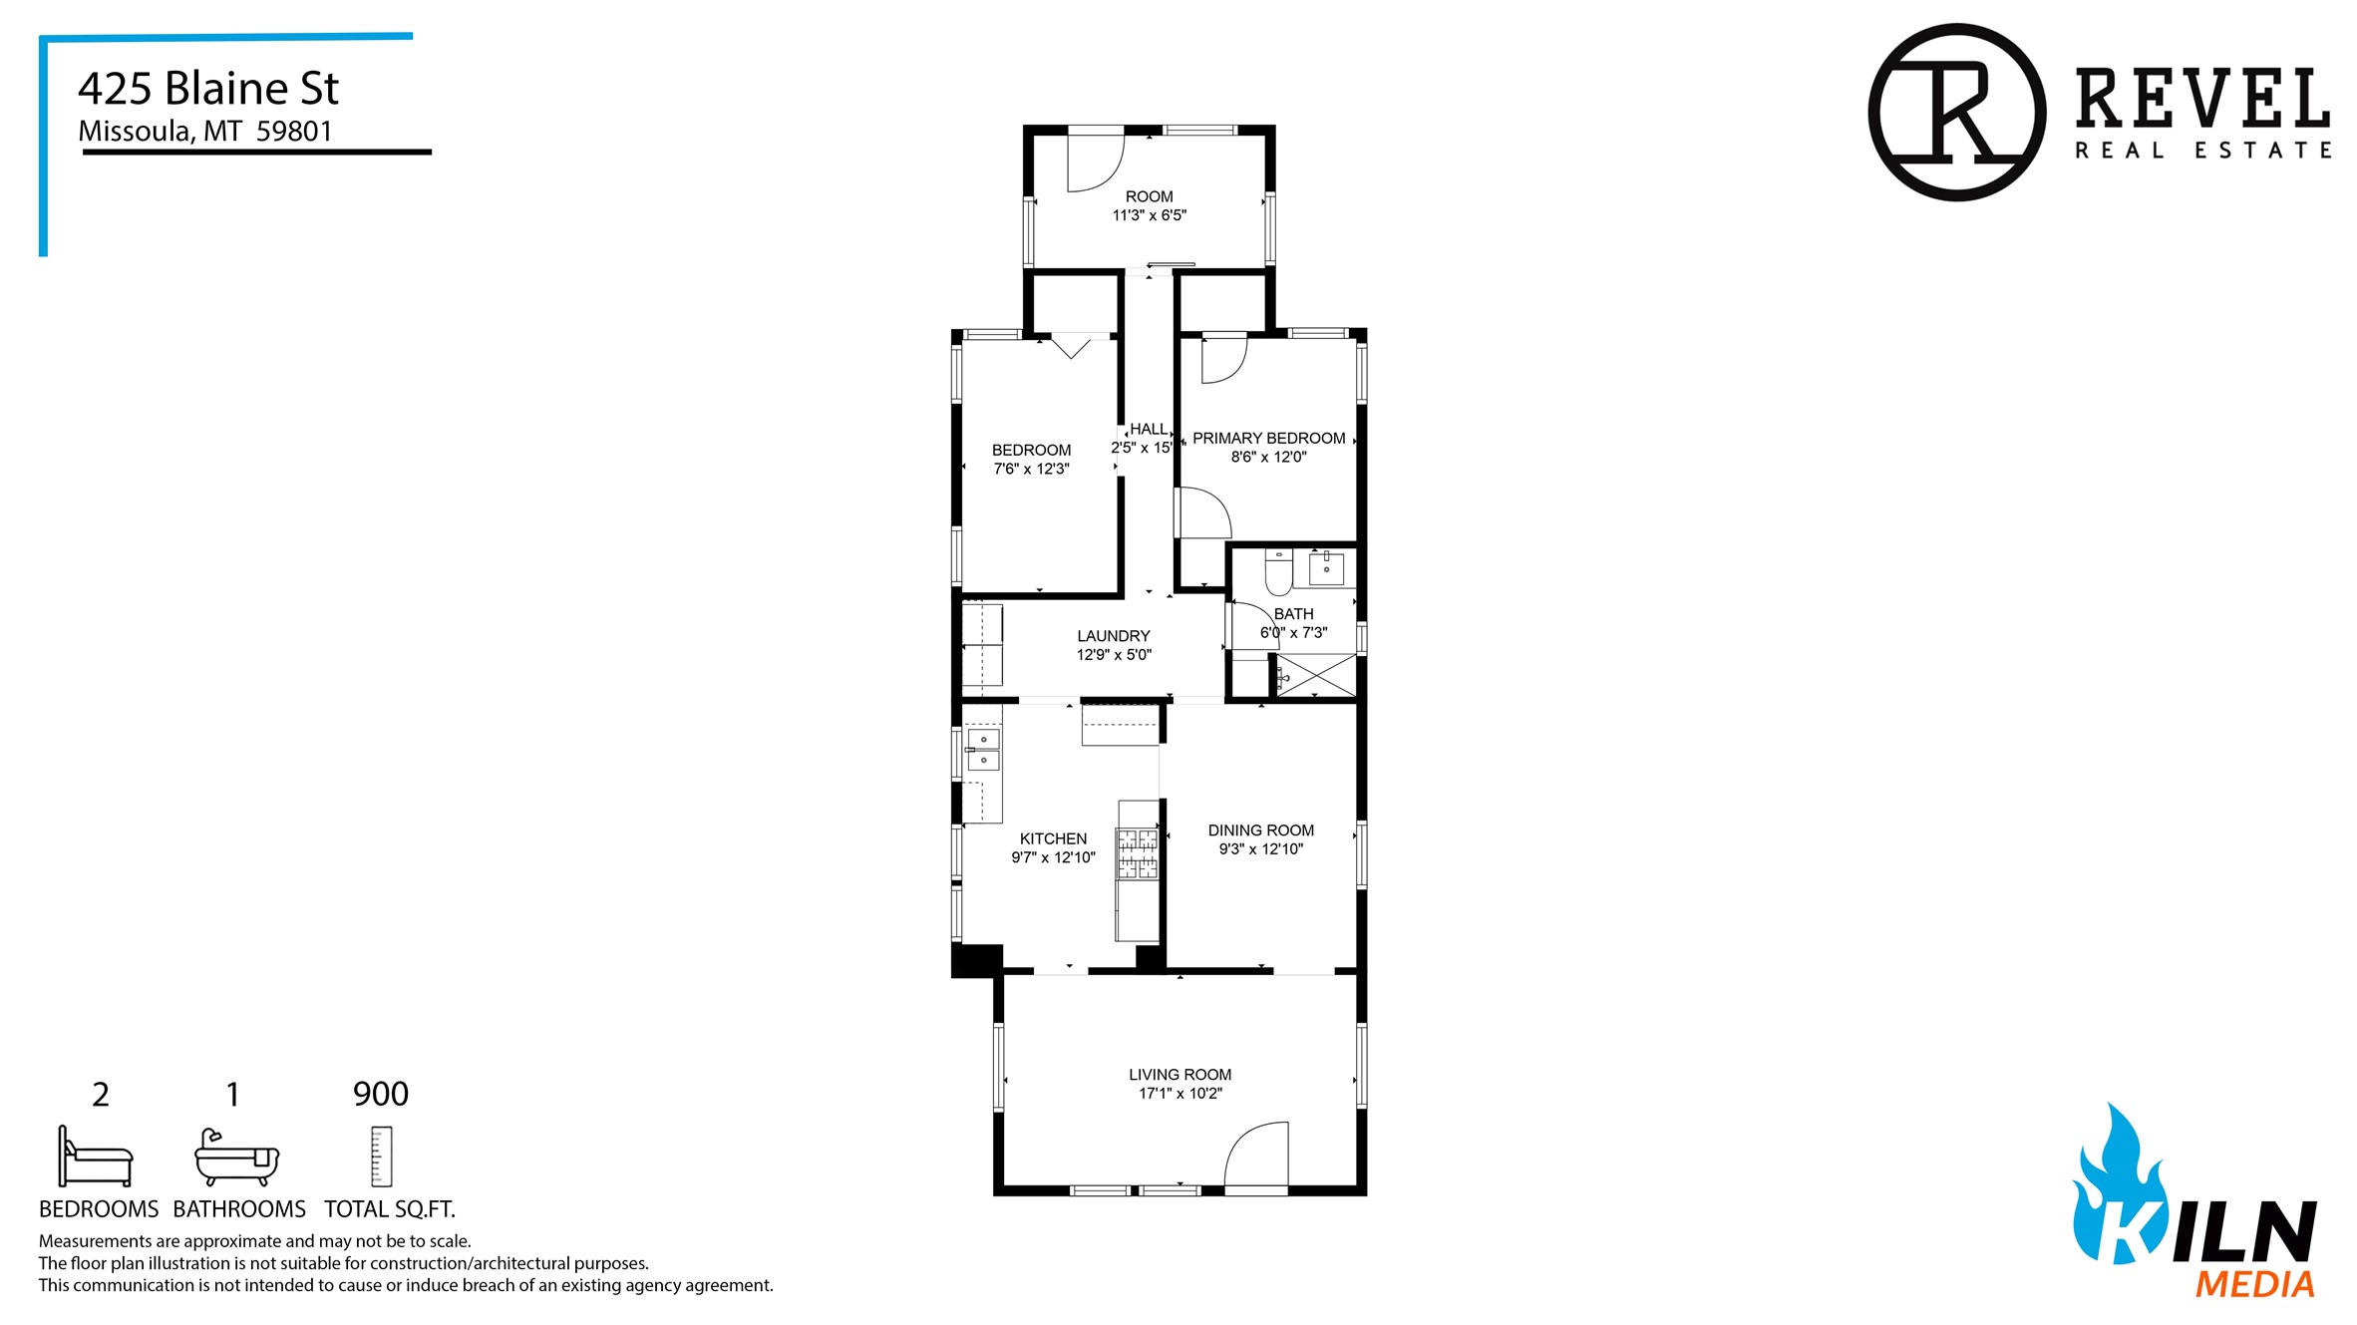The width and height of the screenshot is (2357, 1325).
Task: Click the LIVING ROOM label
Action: click(1179, 1075)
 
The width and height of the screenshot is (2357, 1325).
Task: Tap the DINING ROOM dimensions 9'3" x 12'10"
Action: click(1260, 849)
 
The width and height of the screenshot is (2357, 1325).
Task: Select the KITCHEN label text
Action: click(1053, 838)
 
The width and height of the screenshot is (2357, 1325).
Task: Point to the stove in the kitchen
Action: click(1138, 853)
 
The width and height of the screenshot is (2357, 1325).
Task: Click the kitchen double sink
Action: click(983, 750)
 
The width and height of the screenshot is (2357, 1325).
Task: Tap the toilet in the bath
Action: click(1278, 570)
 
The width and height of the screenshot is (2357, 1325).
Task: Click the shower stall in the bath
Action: click(1316, 675)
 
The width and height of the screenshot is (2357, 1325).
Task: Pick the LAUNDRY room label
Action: click(1113, 636)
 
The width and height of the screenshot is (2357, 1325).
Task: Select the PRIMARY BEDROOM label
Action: click(1268, 439)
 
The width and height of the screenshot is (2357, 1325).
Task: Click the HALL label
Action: click(1148, 430)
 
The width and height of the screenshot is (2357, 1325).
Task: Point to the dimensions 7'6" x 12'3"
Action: click(1031, 469)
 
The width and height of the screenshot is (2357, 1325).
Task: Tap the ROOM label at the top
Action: click(1149, 196)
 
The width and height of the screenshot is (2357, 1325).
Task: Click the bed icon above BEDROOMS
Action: click(95, 1157)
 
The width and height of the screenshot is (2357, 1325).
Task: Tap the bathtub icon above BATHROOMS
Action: click(236, 1157)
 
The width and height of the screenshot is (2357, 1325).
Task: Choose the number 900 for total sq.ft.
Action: click(381, 1094)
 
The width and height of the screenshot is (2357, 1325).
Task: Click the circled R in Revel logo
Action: click(1956, 112)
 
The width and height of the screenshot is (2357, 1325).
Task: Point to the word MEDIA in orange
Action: click(2254, 1284)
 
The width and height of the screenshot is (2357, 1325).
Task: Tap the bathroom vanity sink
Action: click(1326, 568)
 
